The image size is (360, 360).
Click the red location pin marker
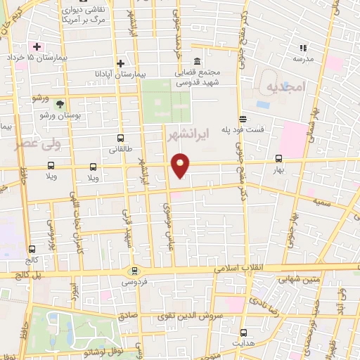[181, 165]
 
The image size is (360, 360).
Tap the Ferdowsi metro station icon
[133, 271]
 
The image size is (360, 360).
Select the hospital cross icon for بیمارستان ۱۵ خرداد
[37, 46]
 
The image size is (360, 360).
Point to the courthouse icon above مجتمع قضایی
[196, 60]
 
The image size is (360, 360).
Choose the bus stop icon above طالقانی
[120, 139]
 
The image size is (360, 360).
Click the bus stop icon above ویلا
[94, 167]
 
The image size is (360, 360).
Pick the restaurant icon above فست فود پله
[243, 118]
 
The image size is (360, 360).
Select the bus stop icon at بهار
[278, 158]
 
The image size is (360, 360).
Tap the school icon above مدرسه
[303, 48]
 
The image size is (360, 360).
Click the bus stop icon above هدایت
[243, 332]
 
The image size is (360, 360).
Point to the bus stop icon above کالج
[32, 249]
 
